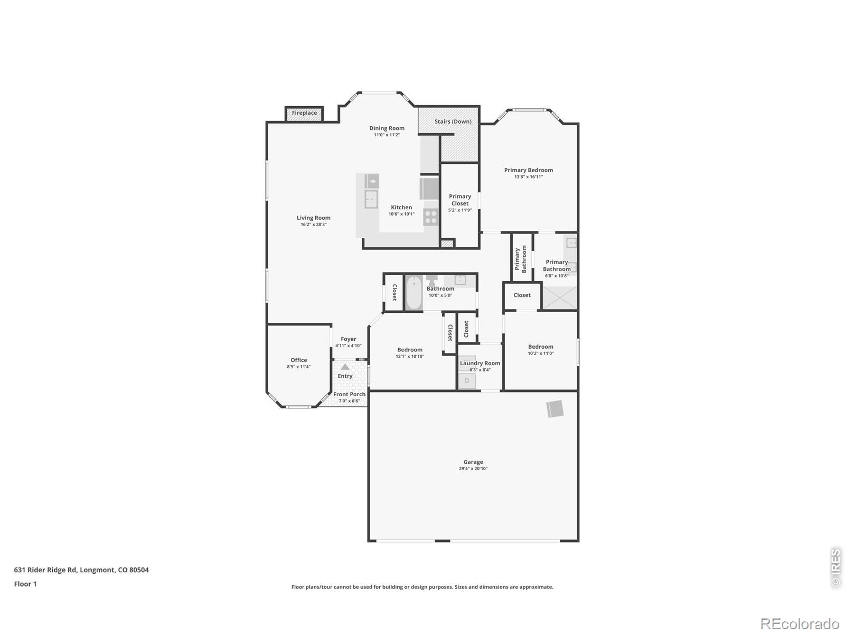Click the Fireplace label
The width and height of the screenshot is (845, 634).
pos(304,113)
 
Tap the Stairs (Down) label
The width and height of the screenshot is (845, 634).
pos(453,122)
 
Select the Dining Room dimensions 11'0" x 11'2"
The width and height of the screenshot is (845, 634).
pos(387,135)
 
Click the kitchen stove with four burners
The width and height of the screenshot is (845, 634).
pos(431,217)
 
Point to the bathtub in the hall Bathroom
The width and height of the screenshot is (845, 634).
pos(414,292)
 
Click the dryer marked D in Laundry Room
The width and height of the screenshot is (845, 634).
pos(467,381)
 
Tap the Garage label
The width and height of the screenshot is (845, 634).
pos(473,462)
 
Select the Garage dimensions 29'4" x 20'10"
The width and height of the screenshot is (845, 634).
pos(473,469)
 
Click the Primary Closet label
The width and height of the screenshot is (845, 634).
pos(460,200)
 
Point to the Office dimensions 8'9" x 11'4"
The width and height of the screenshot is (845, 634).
pos(298,367)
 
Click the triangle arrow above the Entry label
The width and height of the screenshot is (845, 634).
pos(345,367)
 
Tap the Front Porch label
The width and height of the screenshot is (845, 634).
pos(349,394)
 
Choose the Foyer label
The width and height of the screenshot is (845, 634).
pos(348,339)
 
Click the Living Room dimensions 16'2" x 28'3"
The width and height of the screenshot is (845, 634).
pos(313,225)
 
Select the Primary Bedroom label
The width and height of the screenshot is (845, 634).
pos(529,170)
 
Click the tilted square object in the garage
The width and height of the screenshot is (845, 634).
pos(555,409)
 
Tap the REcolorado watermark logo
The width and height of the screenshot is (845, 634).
pos(800,623)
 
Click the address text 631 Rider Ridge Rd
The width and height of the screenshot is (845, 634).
pos(45,570)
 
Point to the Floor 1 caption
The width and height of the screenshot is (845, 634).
pos(25,584)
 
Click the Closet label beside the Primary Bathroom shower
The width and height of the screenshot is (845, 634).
pos(522,295)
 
